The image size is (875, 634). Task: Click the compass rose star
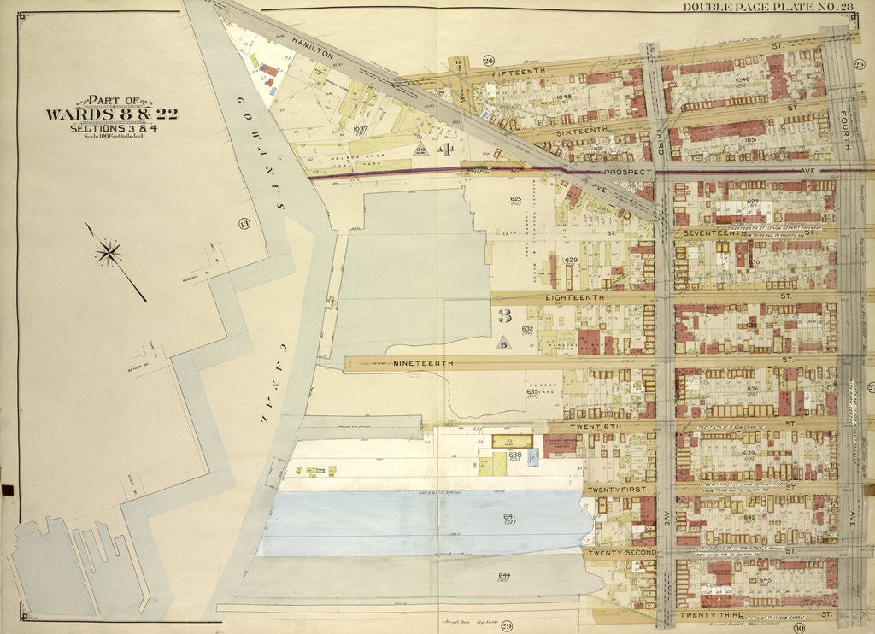point(109,252)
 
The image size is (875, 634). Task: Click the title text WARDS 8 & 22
point(111,114)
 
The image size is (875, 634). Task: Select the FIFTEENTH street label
point(517,74)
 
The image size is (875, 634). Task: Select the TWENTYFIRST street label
point(620,489)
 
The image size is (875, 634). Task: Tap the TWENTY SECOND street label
point(623,552)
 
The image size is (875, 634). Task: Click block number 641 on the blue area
point(510,517)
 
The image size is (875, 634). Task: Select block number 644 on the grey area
point(504,575)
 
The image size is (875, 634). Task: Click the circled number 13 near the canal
point(244,225)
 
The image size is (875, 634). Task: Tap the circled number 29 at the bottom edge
point(506,627)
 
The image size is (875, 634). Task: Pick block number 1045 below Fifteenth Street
point(563,97)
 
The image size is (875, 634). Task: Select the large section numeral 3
point(504,316)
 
